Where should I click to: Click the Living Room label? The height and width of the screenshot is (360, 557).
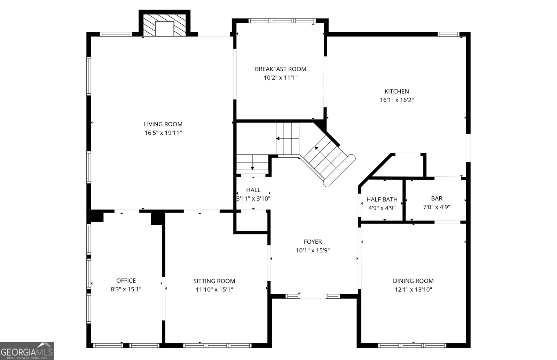[163, 124]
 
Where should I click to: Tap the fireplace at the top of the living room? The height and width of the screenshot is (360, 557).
[164, 25]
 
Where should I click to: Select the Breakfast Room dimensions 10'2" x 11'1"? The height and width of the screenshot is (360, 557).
[280, 78]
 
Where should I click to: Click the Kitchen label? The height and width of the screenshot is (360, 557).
[397, 92]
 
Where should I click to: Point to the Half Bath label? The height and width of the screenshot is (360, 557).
[382, 199]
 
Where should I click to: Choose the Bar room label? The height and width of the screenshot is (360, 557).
[437, 198]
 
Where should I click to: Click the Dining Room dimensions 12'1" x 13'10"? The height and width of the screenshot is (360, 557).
[413, 289]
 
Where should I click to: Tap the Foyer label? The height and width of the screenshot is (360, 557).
[313, 242]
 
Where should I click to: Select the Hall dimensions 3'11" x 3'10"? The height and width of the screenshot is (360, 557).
[253, 198]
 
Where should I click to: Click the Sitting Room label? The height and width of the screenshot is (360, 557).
[214, 281]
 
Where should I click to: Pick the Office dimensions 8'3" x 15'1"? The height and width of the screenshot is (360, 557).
[126, 289]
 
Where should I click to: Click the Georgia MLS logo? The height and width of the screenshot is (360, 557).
[27, 351]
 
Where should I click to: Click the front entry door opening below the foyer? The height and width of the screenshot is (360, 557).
[313, 296]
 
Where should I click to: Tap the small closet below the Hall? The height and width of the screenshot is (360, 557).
[252, 220]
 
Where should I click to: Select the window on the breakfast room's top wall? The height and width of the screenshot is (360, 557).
[282, 21]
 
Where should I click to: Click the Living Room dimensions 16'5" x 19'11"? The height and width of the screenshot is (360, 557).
[163, 133]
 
